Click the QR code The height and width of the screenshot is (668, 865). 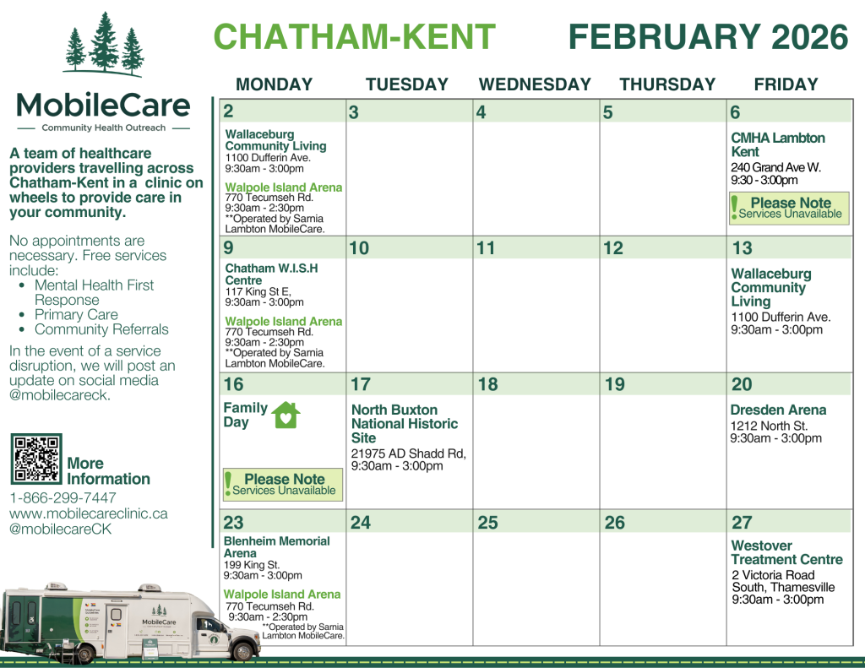(36, 459)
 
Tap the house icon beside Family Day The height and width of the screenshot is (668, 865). (286, 415)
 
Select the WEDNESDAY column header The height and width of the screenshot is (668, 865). (535, 84)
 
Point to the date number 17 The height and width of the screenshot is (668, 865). (361, 384)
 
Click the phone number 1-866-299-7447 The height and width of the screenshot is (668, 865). (63, 497)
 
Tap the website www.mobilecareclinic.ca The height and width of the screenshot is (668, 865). (89, 513)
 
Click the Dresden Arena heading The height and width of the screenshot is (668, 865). (778, 410)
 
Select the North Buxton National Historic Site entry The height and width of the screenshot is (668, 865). (405, 424)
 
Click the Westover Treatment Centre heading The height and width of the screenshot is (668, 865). (786, 552)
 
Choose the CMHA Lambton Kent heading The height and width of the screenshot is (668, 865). (778, 144)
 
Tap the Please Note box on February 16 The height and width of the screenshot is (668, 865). (283, 484)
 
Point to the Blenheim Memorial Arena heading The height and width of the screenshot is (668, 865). (277, 546)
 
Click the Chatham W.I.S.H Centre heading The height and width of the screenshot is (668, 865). (270, 274)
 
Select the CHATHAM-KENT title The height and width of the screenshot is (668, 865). (354, 37)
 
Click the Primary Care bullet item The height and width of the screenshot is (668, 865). (76, 315)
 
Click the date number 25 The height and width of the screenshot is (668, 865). (487, 523)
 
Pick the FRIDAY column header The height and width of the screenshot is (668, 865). (786, 84)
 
